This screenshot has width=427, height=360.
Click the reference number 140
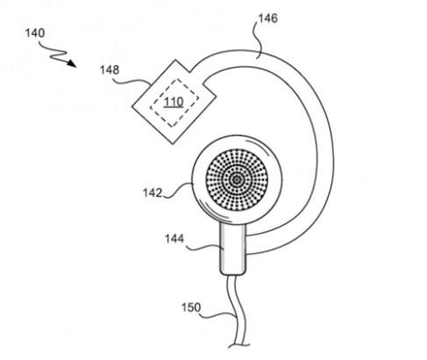pos(35,33)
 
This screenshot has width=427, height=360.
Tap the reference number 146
pos(267,18)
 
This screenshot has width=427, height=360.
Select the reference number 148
pos(110,70)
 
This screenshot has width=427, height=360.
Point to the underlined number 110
pos(174,102)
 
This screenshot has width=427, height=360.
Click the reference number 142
pos(153,193)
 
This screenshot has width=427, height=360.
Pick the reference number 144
pos(174,238)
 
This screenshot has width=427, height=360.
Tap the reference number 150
pos(191,307)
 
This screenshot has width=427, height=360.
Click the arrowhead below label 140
pos(71,63)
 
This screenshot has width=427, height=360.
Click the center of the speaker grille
pos(237,180)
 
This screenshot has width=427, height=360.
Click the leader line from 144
pos(205,248)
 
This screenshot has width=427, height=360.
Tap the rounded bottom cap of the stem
pos(233,272)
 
